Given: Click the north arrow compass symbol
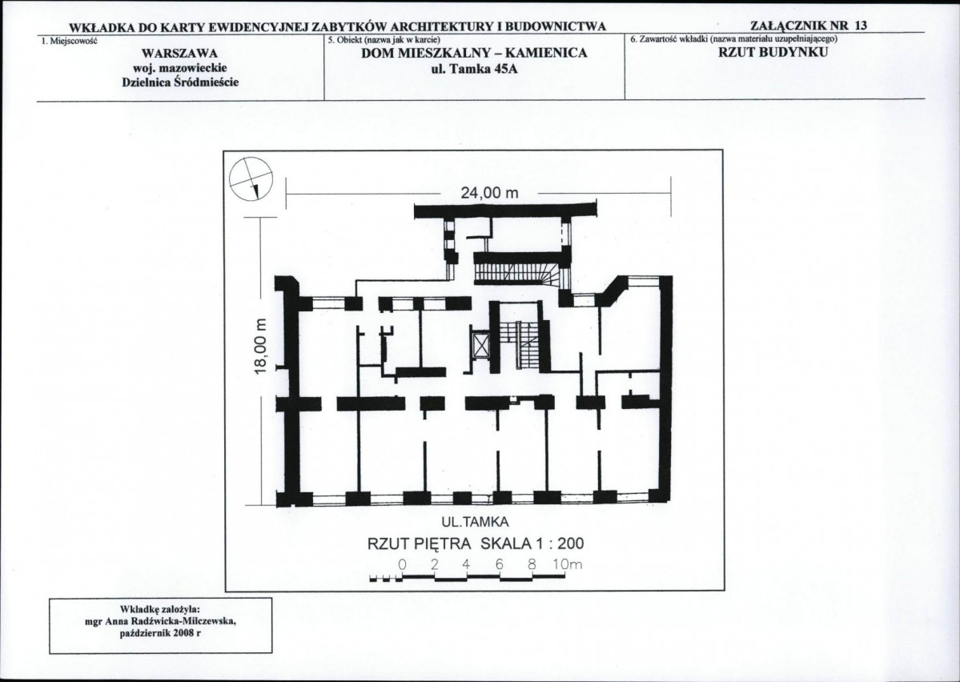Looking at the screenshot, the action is [251, 179].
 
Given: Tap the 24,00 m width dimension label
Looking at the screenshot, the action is [489, 193].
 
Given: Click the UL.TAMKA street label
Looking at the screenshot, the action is [475, 522].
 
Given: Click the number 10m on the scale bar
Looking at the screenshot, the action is [568, 564].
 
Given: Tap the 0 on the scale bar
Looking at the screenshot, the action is [402, 564].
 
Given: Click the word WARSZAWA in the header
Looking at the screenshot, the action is [180, 54].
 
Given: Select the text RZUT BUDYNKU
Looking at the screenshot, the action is [773, 51].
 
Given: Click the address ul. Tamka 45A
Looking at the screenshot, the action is [475, 68].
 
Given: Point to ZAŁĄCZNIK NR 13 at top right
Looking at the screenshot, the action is [808, 26].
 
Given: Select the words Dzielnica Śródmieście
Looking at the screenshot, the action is [181, 82].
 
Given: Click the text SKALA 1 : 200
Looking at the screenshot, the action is [532, 544].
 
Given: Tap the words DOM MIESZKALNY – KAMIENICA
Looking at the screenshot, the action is [475, 53].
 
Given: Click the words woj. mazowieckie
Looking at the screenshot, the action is [180, 67].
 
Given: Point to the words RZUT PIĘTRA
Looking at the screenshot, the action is [420, 544].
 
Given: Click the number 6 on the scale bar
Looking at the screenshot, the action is [499, 564].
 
